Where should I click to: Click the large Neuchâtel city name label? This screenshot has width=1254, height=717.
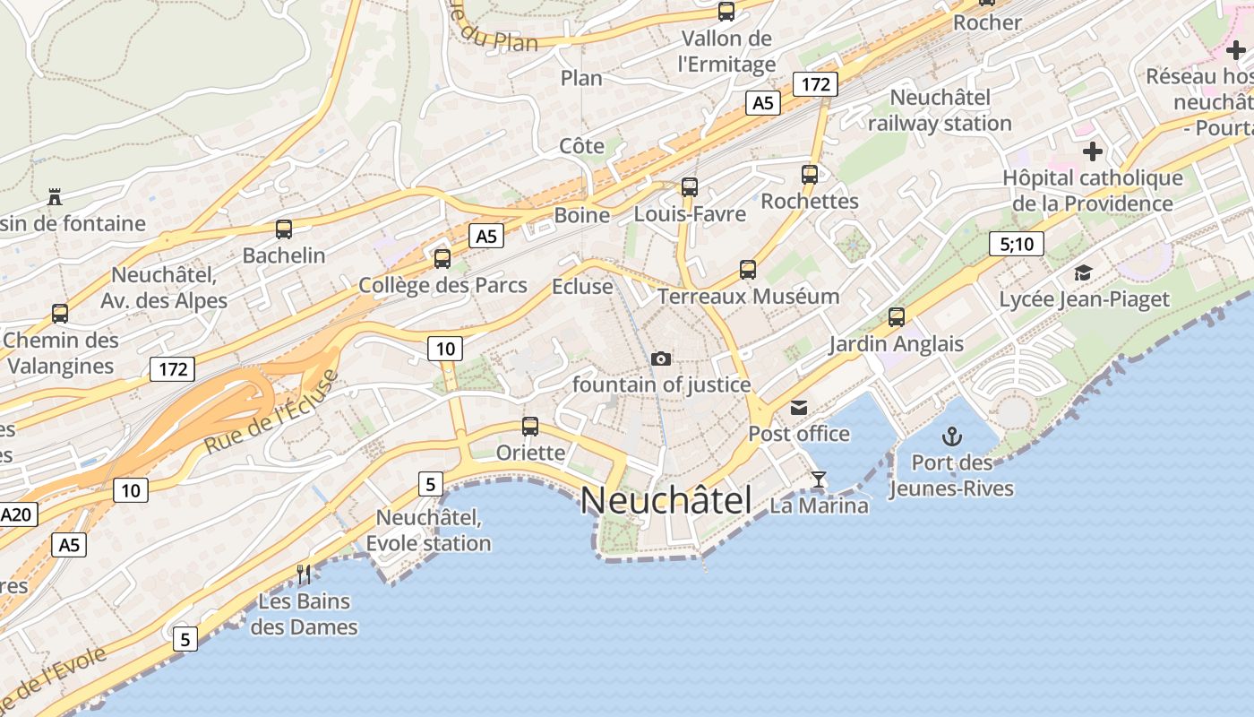coord(666,500)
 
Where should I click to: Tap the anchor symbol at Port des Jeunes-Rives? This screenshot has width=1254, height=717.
coord(952,436)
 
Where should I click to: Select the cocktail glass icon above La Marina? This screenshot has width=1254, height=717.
coord(818,479)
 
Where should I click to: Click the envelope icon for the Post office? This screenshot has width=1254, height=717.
coord(798,409)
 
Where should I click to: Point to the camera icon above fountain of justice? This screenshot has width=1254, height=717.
coord(661,358)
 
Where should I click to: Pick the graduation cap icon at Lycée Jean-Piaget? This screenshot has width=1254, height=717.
coord(1084,273)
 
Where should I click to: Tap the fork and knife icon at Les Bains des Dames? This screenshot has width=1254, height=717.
coord(305,574)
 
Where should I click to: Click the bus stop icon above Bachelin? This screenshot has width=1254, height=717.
coord(284,229)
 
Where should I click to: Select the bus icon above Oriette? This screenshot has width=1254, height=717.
coord(530,427)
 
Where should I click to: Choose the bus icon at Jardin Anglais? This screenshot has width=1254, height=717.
coord(896,316)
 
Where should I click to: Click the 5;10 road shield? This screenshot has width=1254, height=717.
coord(1017,243)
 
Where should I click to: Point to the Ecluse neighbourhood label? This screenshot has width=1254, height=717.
coord(582,287)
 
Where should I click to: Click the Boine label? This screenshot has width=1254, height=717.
coord(582,215)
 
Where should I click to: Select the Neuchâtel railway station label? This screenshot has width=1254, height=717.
coord(940,110)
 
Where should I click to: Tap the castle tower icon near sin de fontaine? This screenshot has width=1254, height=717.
coord(56,196)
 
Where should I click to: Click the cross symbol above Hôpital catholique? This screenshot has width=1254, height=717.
coord(1092,151)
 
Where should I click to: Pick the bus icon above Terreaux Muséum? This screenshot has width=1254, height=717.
coord(747,269)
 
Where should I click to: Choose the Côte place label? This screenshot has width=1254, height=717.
coord(582,145)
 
